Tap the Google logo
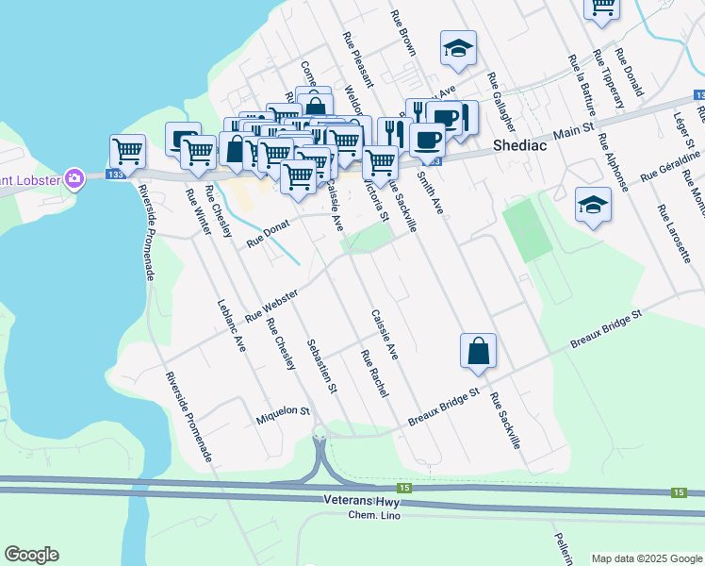point(31,555)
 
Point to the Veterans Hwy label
point(356,501)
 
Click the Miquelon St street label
point(283,411)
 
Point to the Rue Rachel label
point(374,373)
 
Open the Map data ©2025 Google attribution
point(647,558)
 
